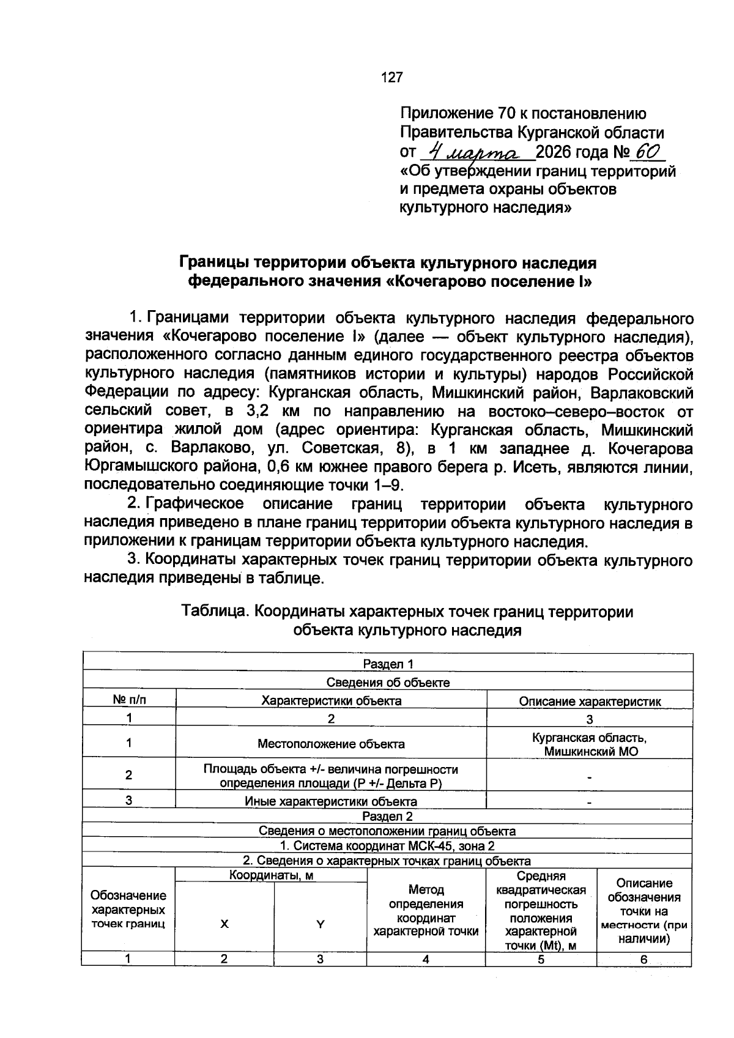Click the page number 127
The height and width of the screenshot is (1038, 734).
click(x=391, y=78)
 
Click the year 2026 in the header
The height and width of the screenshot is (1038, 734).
click(x=555, y=152)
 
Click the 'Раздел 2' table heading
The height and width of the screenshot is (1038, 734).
click(x=387, y=817)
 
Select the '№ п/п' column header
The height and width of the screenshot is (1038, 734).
click(x=130, y=700)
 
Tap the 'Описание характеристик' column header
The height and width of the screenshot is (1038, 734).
click(x=590, y=702)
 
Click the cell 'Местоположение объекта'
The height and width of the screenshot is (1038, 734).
click(x=331, y=744)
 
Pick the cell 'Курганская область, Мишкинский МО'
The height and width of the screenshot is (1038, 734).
click(x=590, y=744)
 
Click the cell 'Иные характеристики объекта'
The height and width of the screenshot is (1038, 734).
click(x=331, y=801)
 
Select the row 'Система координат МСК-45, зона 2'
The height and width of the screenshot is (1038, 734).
click(x=387, y=846)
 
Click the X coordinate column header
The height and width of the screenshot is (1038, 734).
click(x=224, y=924)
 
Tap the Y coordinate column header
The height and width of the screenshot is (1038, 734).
click(x=320, y=924)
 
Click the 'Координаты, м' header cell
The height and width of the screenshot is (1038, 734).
click(x=271, y=876)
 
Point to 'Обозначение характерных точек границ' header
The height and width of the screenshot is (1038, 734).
click(x=128, y=910)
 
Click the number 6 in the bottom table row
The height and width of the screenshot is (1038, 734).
click(x=643, y=960)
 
